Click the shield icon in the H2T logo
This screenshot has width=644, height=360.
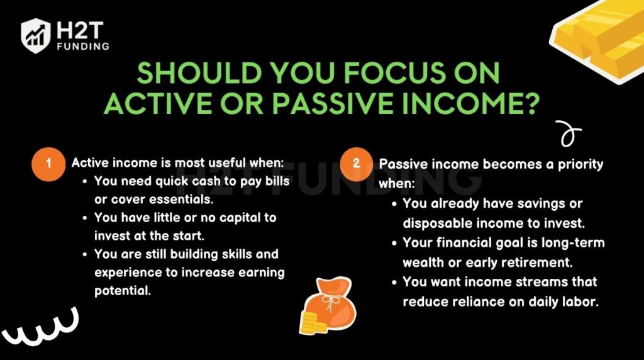[35, 35]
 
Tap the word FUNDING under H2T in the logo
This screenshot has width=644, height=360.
[82, 46]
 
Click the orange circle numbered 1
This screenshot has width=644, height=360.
[48, 164]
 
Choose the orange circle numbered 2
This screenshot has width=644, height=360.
[356, 164]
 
